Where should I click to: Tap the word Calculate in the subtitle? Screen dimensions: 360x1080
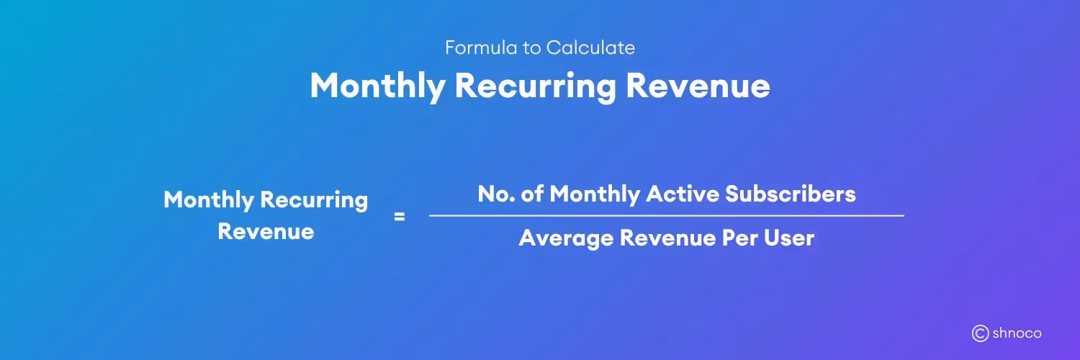tap(590, 48)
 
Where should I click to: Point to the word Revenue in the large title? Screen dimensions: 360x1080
tap(698, 86)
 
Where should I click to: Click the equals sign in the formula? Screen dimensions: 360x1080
tap(400, 215)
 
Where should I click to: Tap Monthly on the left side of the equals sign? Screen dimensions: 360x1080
tap(208, 199)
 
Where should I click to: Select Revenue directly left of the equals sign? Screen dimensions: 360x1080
tap(266, 232)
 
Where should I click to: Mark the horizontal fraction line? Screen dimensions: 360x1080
tap(666, 215)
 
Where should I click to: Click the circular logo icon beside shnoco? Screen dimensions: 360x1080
tap(980, 333)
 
